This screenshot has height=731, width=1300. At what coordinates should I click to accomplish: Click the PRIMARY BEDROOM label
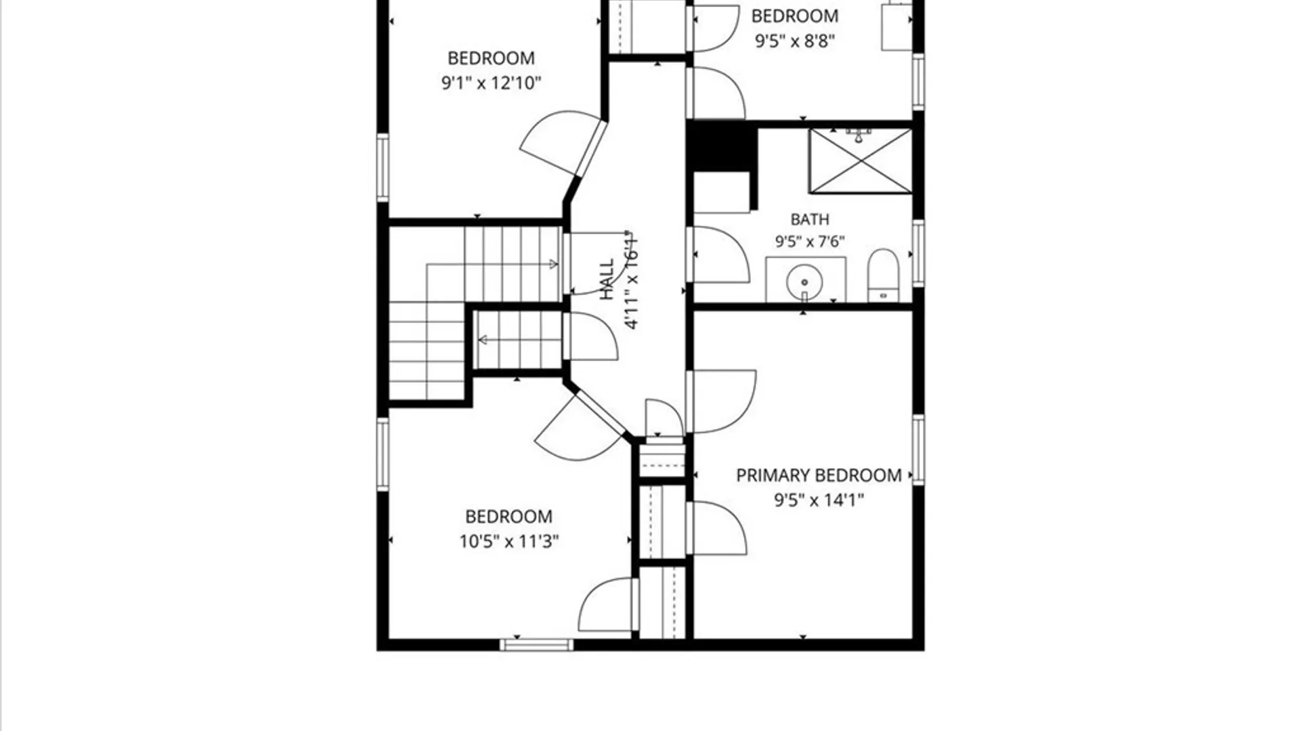[819, 475]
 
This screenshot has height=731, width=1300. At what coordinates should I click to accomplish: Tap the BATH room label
[810, 219]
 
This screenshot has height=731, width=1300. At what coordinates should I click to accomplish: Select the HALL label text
[607, 279]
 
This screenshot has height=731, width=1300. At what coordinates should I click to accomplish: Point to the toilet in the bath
[883, 275]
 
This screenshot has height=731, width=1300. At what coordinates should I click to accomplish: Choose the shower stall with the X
[861, 161]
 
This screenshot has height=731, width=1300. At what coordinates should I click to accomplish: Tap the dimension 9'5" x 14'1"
[819, 500]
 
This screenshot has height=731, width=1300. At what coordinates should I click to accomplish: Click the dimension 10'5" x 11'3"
[509, 541]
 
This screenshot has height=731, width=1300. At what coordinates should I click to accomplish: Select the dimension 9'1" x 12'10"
[492, 83]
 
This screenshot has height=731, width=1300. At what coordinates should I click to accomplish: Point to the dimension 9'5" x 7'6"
[810, 242]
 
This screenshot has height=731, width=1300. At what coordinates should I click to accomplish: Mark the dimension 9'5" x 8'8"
[795, 41]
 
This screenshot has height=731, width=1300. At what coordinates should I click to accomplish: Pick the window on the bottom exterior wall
[536, 645]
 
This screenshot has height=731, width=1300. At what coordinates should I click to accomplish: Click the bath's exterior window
[918, 252]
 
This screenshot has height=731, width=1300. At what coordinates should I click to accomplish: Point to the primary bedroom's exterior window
[918, 450]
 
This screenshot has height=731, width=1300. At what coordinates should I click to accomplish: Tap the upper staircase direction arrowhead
[554, 264]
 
